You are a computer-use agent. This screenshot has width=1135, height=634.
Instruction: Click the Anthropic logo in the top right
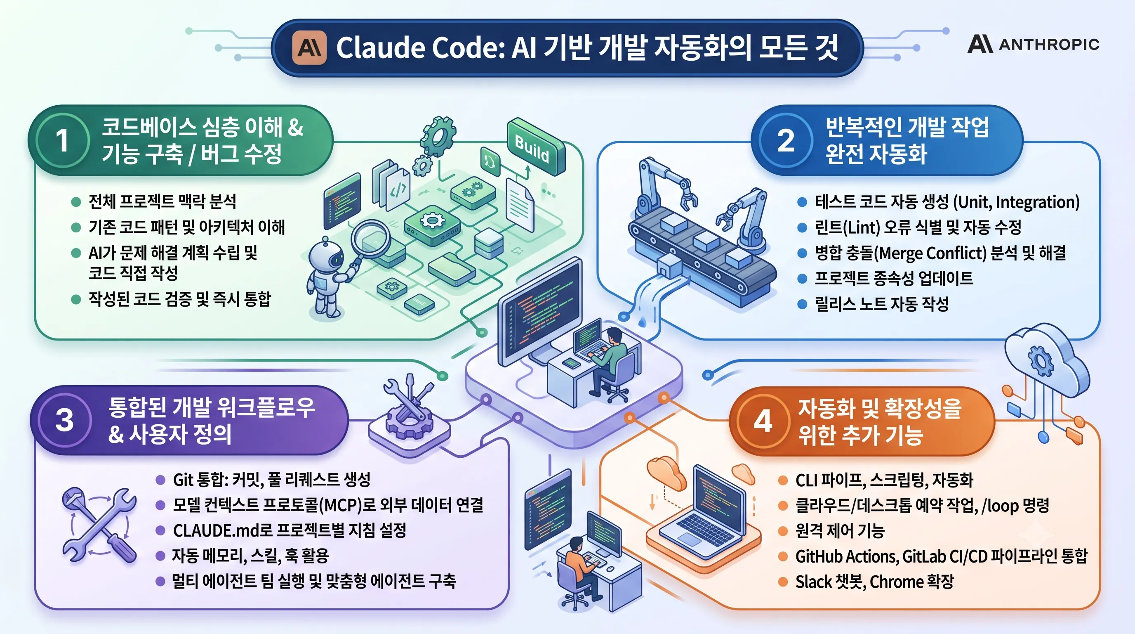(1033, 44)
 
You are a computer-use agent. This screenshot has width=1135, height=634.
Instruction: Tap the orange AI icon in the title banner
(309, 47)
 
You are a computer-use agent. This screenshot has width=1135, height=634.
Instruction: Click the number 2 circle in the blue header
(786, 140)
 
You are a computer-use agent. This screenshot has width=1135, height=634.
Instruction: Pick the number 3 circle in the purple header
(64, 420)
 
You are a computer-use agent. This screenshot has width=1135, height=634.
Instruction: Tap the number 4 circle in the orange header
(763, 421)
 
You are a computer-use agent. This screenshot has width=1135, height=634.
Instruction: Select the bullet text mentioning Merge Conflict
(940, 253)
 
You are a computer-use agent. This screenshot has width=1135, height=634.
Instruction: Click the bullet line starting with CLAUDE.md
(290, 530)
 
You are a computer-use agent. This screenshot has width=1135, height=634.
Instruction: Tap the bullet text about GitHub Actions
(941, 556)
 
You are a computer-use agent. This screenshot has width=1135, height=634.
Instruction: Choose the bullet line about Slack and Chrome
(875, 582)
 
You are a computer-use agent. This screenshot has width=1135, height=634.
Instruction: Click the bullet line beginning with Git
(271, 479)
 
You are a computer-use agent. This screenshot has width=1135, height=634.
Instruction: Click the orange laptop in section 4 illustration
(704, 516)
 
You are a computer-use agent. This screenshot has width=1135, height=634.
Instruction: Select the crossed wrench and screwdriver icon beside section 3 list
(99, 525)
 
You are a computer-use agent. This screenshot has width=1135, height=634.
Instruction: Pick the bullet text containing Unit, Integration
(947, 201)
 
